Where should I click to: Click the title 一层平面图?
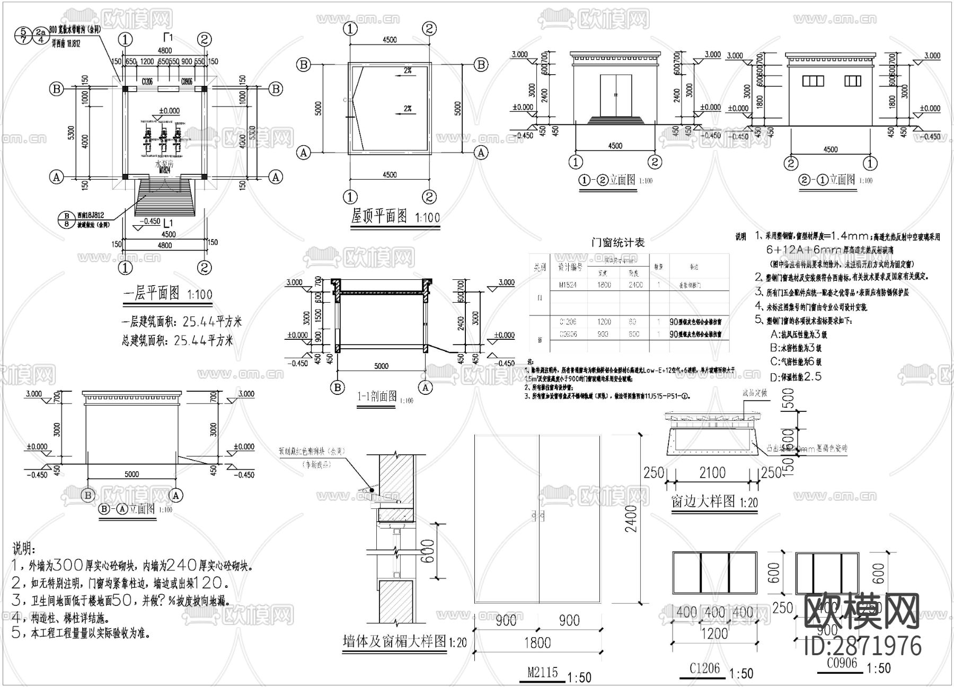[151, 293]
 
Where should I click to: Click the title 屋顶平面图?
[379, 217]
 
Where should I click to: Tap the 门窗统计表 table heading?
[617, 243]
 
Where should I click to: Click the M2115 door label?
[542, 672]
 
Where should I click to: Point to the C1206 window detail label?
[704, 668]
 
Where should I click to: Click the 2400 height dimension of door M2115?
[630, 518]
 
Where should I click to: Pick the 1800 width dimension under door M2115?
[537, 643]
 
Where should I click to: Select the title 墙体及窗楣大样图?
[395, 641]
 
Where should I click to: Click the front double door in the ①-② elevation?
[615, 95]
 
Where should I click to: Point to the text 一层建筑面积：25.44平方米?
[182, 322]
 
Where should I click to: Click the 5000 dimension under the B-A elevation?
[132, 474]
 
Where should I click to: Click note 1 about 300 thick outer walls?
[131, 566]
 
